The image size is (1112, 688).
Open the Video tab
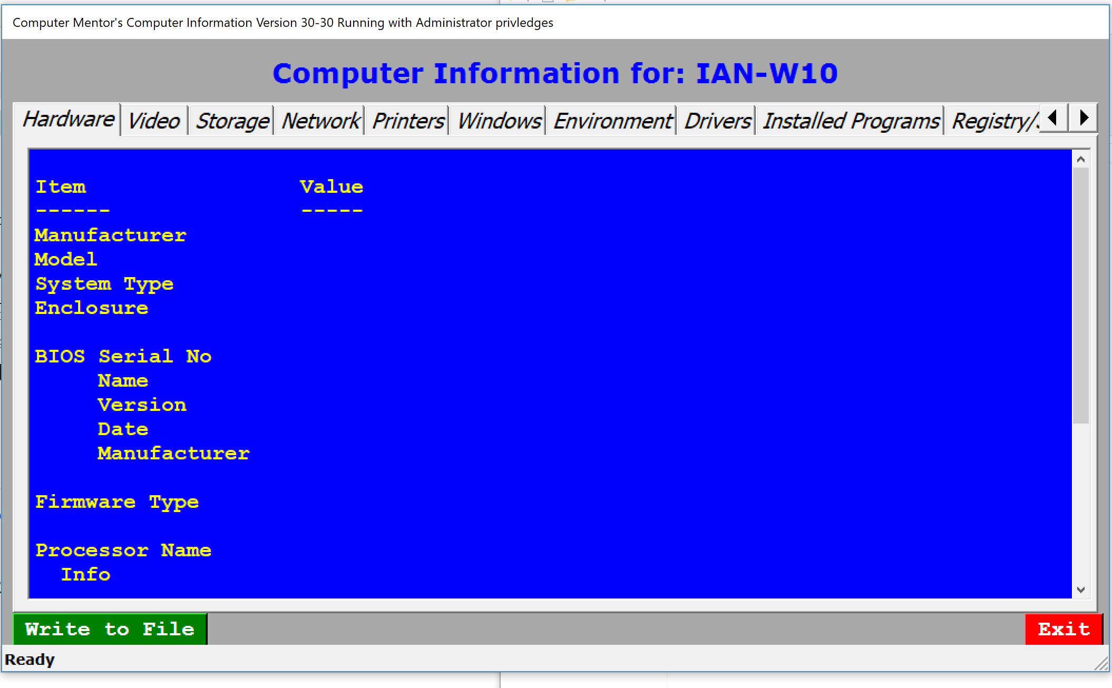point(154,121)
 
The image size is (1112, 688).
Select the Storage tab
point(232,121)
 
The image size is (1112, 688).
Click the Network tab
point(320,121)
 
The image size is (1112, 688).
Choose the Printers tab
point(407,121)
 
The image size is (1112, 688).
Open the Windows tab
point(498,121)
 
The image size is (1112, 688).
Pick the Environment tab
point(612,121)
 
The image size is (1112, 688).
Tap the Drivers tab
point(717,121)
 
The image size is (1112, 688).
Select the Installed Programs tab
point(850,121)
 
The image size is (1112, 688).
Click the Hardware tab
point(68,119)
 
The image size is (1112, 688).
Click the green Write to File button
point(110,629)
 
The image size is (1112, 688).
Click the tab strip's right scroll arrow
point(1083,117)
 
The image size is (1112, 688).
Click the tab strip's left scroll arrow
point(1054,117)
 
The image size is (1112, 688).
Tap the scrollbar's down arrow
point(1081,589)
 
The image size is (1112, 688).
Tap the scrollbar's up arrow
point(1081,159)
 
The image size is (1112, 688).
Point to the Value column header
point(331,187)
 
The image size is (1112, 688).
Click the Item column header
point(61,187)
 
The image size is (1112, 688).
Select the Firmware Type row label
point(117,502)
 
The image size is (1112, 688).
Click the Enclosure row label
point(92,308)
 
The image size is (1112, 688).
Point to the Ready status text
point(30,660)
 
